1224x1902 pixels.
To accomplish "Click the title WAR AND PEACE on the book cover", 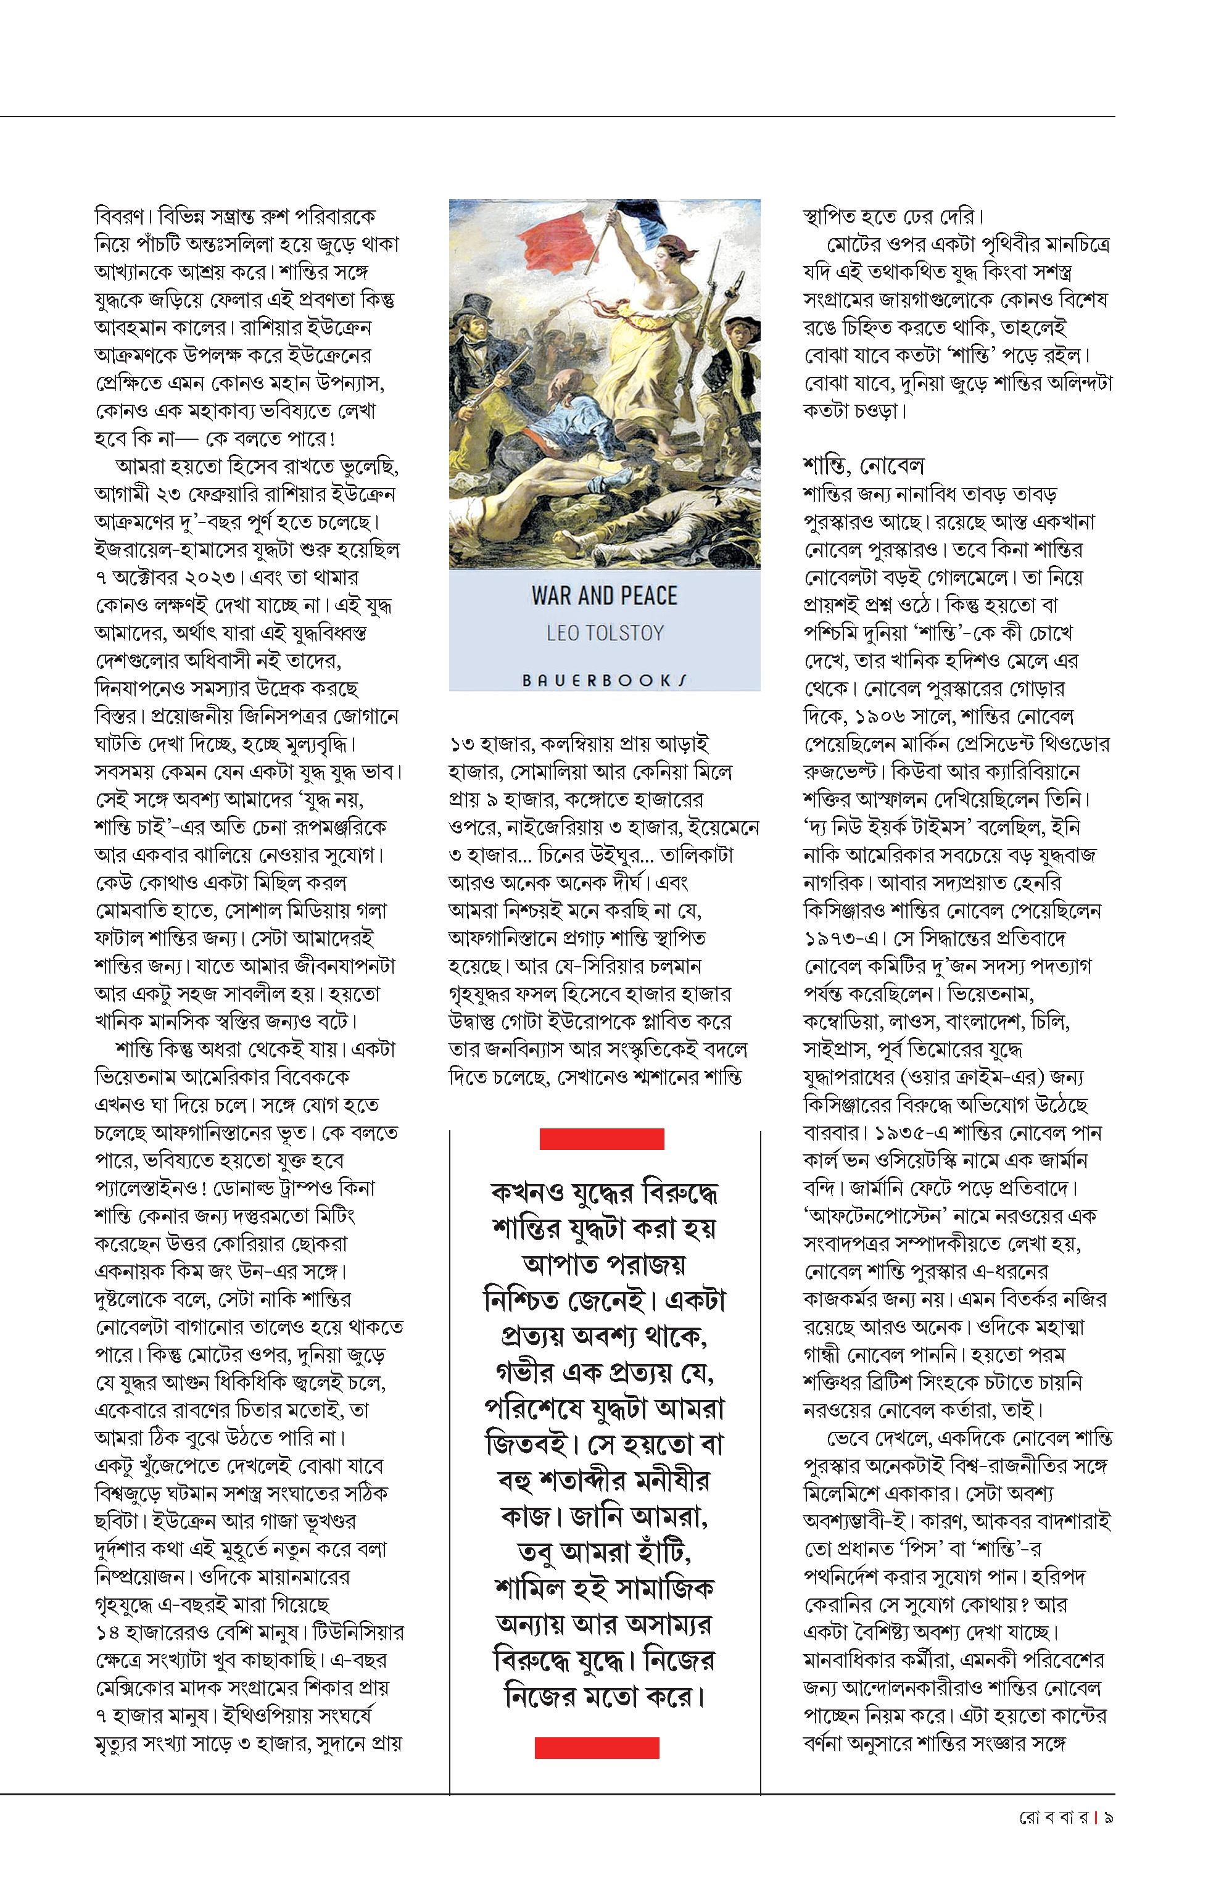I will (604, 595).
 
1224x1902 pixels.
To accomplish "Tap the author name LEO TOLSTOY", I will (604, 634).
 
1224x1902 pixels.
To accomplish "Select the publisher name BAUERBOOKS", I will (604, 680).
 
